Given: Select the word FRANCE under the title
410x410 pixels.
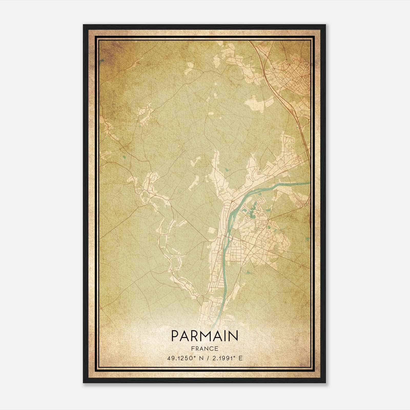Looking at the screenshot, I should coord(204,349).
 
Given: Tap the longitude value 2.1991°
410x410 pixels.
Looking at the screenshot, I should coord(223,358).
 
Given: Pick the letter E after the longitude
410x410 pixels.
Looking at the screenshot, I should coord(240,358).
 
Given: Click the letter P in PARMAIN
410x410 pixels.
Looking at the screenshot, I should coord(175,336).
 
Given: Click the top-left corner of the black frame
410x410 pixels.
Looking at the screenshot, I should coord(84,25).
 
